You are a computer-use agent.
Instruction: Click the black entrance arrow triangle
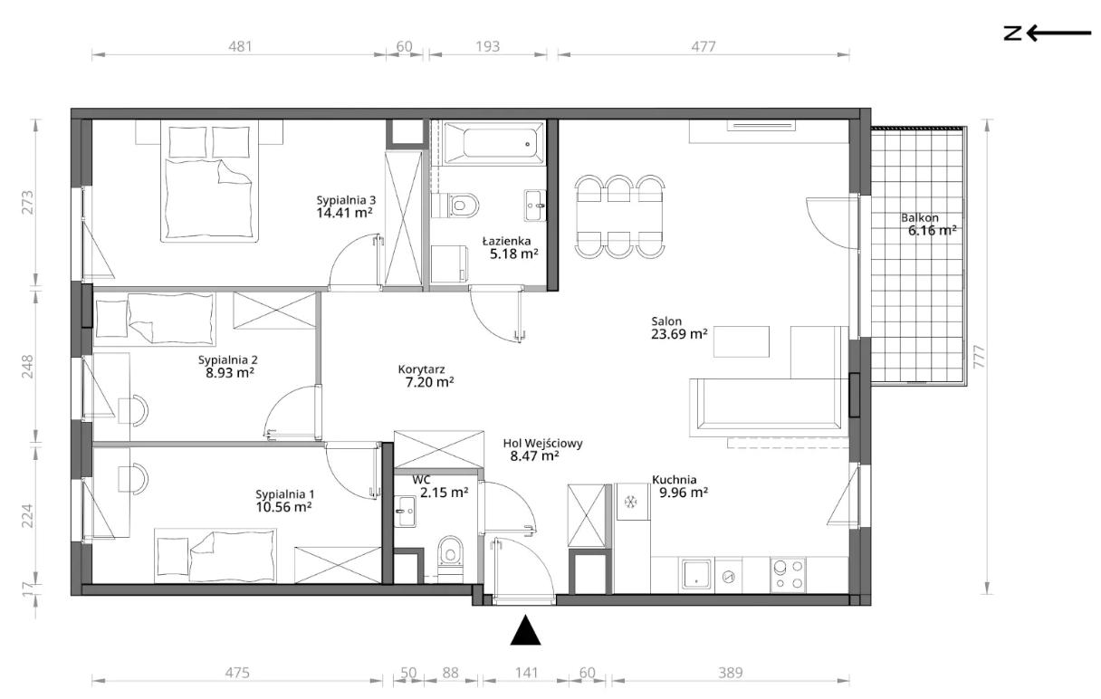525,630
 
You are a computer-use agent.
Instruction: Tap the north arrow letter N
1012,34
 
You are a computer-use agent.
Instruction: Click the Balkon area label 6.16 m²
932,230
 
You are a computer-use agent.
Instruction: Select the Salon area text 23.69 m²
679,334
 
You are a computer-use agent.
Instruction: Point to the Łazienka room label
506,241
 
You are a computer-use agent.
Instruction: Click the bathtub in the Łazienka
494,144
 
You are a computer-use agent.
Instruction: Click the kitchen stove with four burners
788,575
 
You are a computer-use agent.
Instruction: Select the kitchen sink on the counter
696,575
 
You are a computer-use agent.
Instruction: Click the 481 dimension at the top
240,46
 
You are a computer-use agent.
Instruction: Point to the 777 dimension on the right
979,357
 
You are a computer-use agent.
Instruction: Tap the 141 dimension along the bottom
526,673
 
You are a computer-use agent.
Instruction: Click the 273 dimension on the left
28,202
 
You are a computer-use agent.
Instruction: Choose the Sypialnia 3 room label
346,200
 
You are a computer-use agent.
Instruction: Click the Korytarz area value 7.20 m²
429,382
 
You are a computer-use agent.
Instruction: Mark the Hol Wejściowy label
542,444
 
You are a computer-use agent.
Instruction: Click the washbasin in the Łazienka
535,206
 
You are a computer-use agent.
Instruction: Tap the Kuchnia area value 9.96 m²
684,492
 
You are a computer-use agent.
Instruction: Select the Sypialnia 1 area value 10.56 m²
283,507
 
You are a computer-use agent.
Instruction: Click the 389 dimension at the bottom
731,673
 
